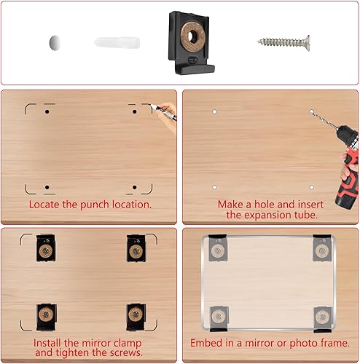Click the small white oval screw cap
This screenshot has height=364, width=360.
(x=55, y=43)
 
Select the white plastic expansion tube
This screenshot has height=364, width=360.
(x=117, y=43)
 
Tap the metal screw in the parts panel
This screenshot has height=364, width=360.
(x=283, y=43)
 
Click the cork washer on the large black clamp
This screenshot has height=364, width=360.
(x=191, y=36)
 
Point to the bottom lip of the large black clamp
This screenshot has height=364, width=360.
(x=195, y=69)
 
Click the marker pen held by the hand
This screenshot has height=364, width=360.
(x=163, y=111)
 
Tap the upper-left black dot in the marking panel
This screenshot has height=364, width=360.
(x=47, y=111)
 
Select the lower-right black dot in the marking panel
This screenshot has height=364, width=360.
(x=135, y=187)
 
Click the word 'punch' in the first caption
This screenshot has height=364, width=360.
(x=95, y=205)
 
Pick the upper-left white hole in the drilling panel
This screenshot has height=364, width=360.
(x=214, y=111)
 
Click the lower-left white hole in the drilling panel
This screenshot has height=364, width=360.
(x=214, y=187)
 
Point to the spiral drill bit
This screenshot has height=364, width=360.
(x=324, y=119)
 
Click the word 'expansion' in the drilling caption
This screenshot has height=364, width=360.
(x=265, y=215)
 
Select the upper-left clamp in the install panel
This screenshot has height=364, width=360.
(x=46, y=248)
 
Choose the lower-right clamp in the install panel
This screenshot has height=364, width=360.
(x=136, y=317)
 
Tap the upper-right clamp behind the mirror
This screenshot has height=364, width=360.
(x=322, y=248)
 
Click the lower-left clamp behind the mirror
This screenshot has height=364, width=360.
(x=219, y=318)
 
